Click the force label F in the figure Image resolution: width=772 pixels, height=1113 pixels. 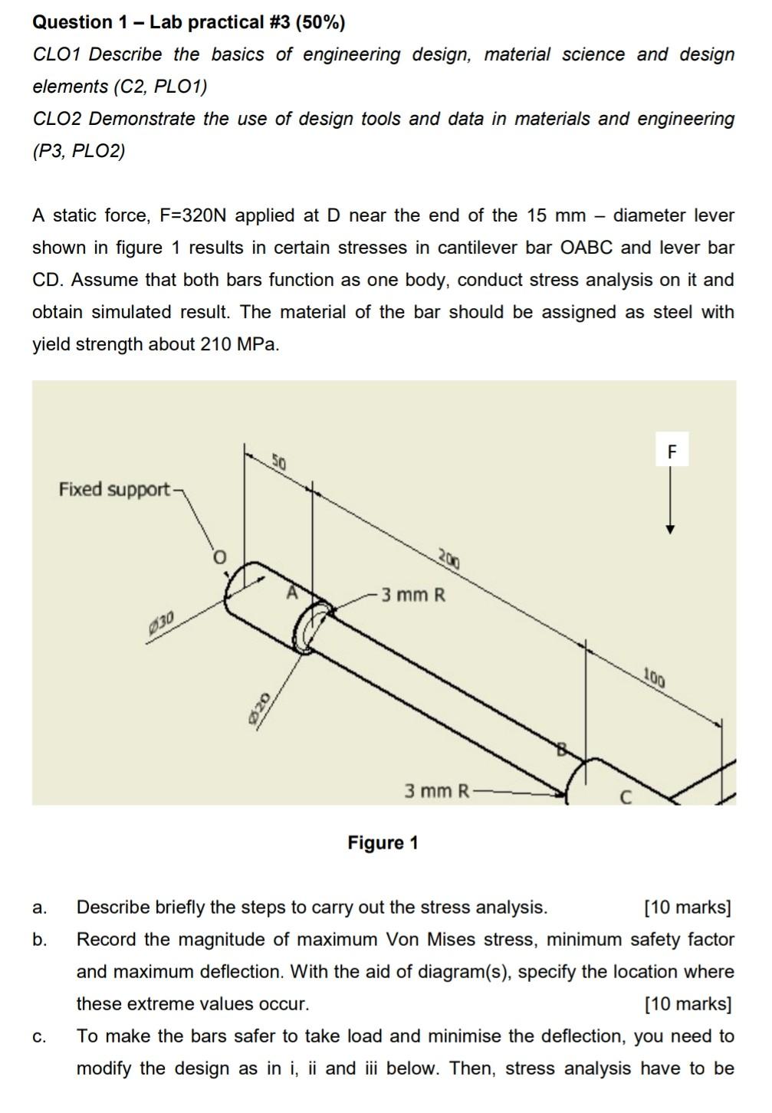point(672,451)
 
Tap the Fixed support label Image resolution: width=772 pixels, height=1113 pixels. point(114,489)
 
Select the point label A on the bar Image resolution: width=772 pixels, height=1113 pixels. point(291,593)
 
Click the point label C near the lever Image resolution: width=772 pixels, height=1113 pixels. point(625,798)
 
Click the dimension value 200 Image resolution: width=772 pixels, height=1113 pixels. point(448,557)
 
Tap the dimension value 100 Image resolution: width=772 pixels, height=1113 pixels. point(654,678)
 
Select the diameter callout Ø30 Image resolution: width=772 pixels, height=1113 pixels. point(162,621)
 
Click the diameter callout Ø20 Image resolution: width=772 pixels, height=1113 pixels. point(259,704)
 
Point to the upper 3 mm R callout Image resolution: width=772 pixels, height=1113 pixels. point(413,595)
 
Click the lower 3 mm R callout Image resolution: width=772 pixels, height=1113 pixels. point(436,790)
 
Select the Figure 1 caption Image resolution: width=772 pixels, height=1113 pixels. point(383,843)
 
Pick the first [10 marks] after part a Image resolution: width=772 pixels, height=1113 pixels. point(688,908)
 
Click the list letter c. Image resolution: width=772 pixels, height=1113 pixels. point(39,1037)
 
